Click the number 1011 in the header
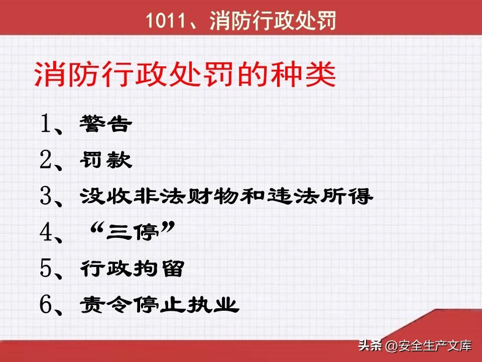pyautogui.click(x=166, y=21)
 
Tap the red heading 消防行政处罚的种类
pyautogui.click(x=185, y=74)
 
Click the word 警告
pyautogui.click(x=105, y=124)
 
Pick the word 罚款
pyautogui.click(x=105, y=160)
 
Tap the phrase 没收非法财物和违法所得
pyautogui.click(x=226, y=196)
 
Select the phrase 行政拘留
pyautogui.click(x=132, y=268)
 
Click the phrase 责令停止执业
pyautogui.click(x=159, y=305)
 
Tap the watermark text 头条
pyautogui.click(x=370, y=345)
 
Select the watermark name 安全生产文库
pyautogui.click(x=435, y=346)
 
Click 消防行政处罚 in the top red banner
pyautogui.click(x=273, y=21)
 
